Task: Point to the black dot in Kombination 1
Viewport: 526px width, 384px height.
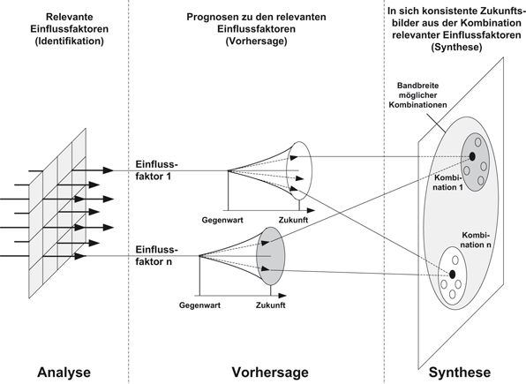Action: click(x=473, y=156)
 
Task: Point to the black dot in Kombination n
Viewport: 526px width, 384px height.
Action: click(x=452, y=275)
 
